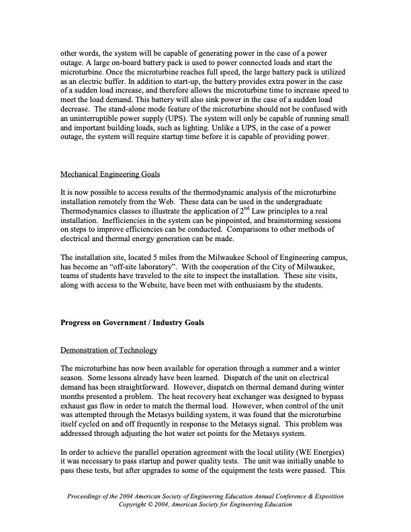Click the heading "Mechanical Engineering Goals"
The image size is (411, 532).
(110, 174)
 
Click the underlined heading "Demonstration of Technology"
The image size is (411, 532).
(109, 350)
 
